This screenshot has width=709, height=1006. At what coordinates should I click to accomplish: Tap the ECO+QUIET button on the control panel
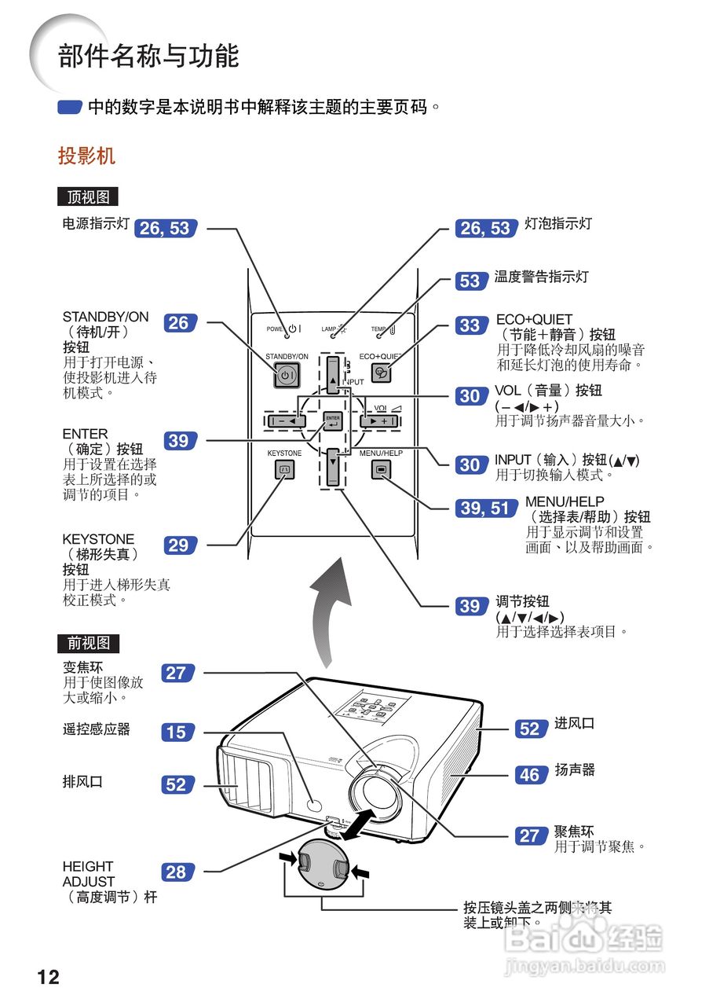pyautogui.click(x=381, y=374)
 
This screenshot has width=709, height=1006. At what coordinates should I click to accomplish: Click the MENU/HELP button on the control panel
pyautogui.click(x=381, y=470)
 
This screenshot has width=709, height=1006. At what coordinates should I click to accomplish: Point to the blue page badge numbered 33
pyautogui.click(x=470, y=325)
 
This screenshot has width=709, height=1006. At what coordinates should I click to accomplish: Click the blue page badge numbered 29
pyautogui.click(x=179, y=545)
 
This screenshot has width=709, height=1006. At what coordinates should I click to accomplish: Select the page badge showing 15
pyautogui.click(x=177, y=732)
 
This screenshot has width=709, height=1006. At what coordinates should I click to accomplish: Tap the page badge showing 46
pyautogui.click(x=530, y=775)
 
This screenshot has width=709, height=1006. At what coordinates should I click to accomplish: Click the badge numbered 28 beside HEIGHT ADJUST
pyautogui.click(x=177, y=872)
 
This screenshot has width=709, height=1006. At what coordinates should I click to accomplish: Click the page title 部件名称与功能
pyautogui.click(x=148, y=57)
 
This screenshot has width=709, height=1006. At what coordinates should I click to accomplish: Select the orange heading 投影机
pyautogui.click(x=86, y=156)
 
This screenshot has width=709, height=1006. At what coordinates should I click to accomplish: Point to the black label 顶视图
pyautogui.click(x=88, y=196)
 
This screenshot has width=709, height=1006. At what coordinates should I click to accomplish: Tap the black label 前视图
pyautogui.click(x=88, y=643)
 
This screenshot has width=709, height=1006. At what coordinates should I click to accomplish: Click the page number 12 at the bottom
pyautogui.click(x=48, y=977)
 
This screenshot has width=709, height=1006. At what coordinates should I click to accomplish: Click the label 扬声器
pyautogui.click(x=575, y=770)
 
